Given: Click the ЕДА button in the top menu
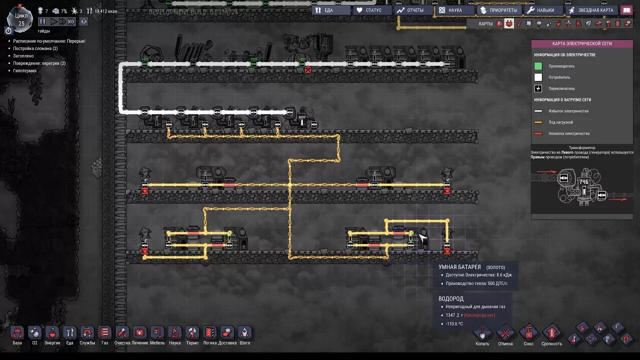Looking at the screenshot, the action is tap(330, 10).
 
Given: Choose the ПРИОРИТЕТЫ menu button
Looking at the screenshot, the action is tap(498, 10).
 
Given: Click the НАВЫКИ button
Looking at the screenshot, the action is tap(542, 10).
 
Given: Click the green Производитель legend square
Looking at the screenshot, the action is tap(538, 66).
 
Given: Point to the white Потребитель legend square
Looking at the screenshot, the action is tap(538, 77).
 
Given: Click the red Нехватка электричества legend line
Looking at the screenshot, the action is tap(538, 133).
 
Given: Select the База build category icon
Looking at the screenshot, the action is tap(17, 333).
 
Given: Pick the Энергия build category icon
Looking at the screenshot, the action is tap(52, 333).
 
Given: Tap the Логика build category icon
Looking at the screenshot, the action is tap(210, 333).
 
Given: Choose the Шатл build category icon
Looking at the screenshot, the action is tap(244, 333).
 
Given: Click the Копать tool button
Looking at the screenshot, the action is tap(482, 334).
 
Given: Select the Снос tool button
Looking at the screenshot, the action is tap(528, 333).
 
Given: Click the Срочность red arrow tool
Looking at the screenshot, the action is tap(551, 333).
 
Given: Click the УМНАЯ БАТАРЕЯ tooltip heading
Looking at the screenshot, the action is tap(460, 267).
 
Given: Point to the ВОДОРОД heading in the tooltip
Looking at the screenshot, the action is tap(451, 298).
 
